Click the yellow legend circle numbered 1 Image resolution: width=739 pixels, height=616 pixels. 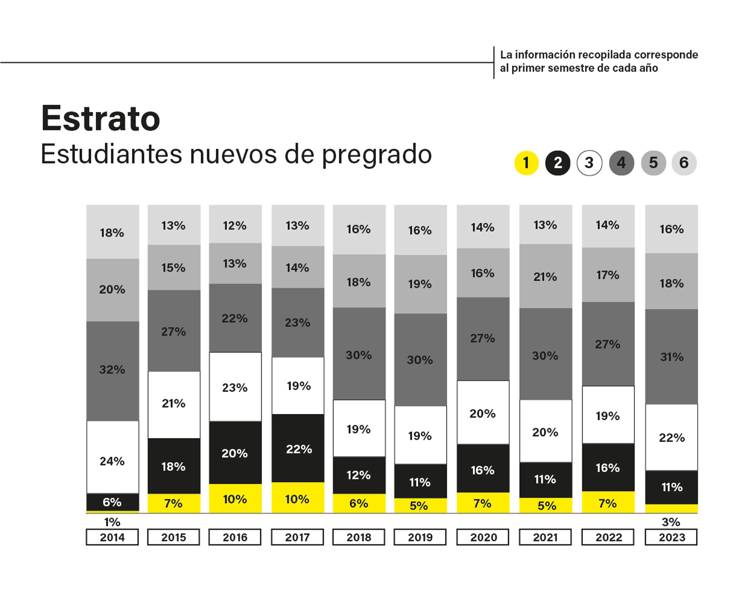coord(526,163)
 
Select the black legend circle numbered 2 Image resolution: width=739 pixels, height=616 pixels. coord(558,163)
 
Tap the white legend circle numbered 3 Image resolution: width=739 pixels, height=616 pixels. coord(589,163)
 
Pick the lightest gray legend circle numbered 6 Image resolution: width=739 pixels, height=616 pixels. coord(684,163)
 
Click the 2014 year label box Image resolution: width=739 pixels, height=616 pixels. coord(112,537)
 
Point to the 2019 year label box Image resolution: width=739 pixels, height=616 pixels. coord(420,537)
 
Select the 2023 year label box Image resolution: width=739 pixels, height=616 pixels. coord(671,537)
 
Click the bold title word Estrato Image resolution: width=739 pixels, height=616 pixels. coord(101,119)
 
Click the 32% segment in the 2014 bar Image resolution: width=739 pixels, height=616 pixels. coord(113,370)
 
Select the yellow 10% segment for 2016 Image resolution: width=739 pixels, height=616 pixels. coord(235,499)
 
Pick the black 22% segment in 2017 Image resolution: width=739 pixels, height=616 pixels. coord(298,449)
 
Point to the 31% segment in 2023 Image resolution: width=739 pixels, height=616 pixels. coord(671,357)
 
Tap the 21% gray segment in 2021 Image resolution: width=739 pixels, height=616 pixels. coord(545,277)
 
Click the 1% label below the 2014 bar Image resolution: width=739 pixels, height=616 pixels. coord(112,522)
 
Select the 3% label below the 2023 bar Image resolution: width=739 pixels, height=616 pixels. coord(671,522)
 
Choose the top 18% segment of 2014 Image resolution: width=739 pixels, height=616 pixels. coord(113,232)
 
